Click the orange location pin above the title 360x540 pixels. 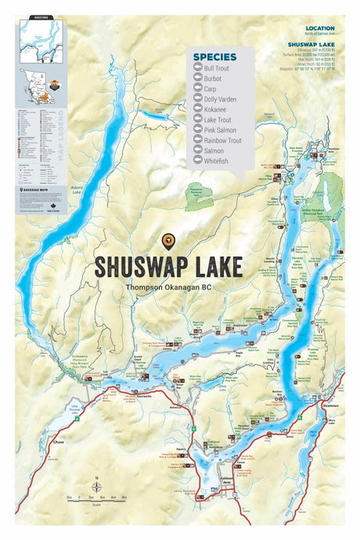[x=167, y=241]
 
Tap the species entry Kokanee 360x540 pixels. [x=215, y=110]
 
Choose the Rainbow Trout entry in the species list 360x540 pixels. [x=222, y=141]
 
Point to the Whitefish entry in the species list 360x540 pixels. [x=217, y=161]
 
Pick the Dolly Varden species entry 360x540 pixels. [x=220, y=100]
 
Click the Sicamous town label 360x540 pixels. [x=329, y=407]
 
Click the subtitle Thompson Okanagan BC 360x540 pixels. [x=167, y=287]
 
